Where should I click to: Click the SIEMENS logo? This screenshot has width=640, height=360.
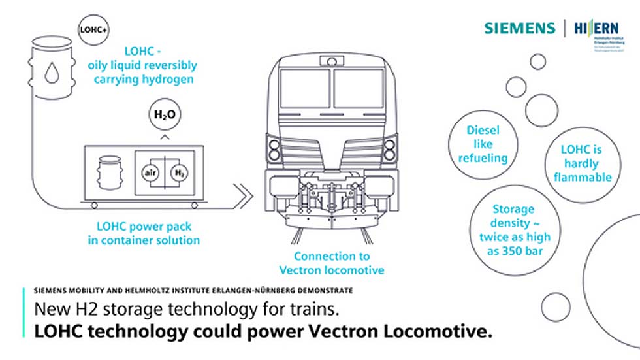pyautogui.click(x=519, y=28)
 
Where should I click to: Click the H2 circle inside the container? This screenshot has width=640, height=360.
pyautogui.click(x=178, y=172)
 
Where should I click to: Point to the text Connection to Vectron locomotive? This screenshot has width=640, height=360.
pyautogui.click(x=332, y=263)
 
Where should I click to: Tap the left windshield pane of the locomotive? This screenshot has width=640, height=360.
pyautogui.click(x=305, y=89)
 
